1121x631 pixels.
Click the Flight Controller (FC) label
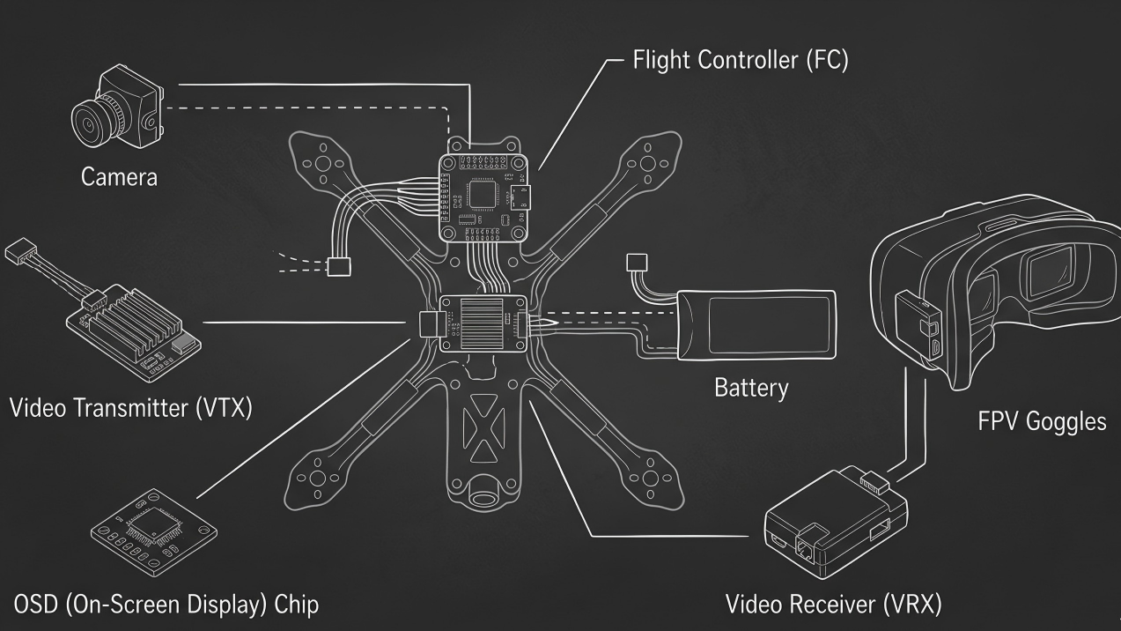click(x=740, y=61)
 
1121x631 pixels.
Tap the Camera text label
click(x=119, y=176)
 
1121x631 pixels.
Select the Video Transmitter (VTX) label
click(x=130, y=408)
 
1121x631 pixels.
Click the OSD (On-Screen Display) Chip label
click(x=166, y=605)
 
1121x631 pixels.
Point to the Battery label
click(x=750, y=387)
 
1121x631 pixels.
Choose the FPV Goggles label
click(x=1042, y=421)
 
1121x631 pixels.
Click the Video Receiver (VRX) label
click(x=833, y=605)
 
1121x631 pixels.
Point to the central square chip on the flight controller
click(x=483, y=193)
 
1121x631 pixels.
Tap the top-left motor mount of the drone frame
click(x=321, y=164)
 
